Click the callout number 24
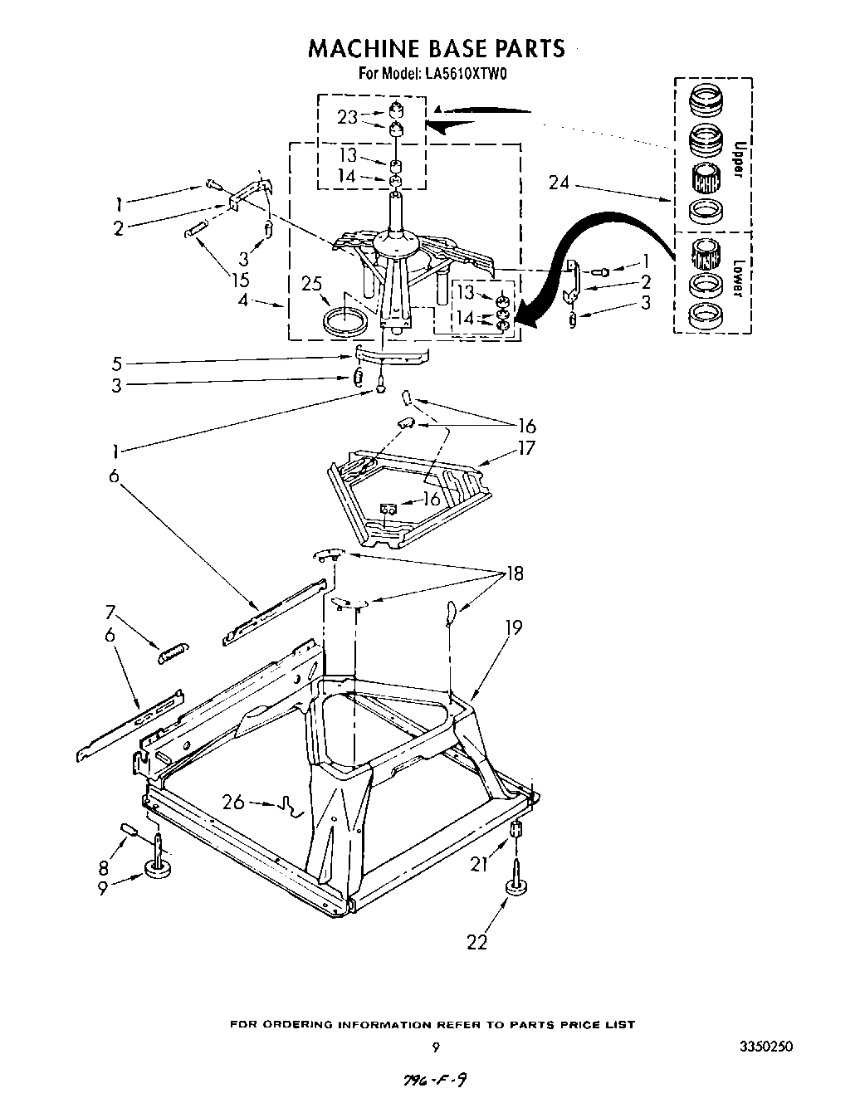559,182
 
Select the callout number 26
233,802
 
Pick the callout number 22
476,941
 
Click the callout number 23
347,118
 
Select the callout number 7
110,613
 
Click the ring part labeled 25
344,319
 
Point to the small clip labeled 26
288,805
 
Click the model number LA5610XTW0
467,74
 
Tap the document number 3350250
765,1047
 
